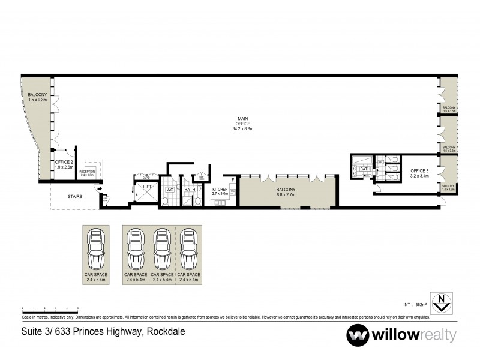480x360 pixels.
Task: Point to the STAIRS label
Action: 75,196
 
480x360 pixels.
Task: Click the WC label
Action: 170,190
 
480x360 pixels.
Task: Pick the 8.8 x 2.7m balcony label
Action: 284,191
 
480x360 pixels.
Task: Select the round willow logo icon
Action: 358,335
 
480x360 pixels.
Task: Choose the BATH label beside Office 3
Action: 365,169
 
